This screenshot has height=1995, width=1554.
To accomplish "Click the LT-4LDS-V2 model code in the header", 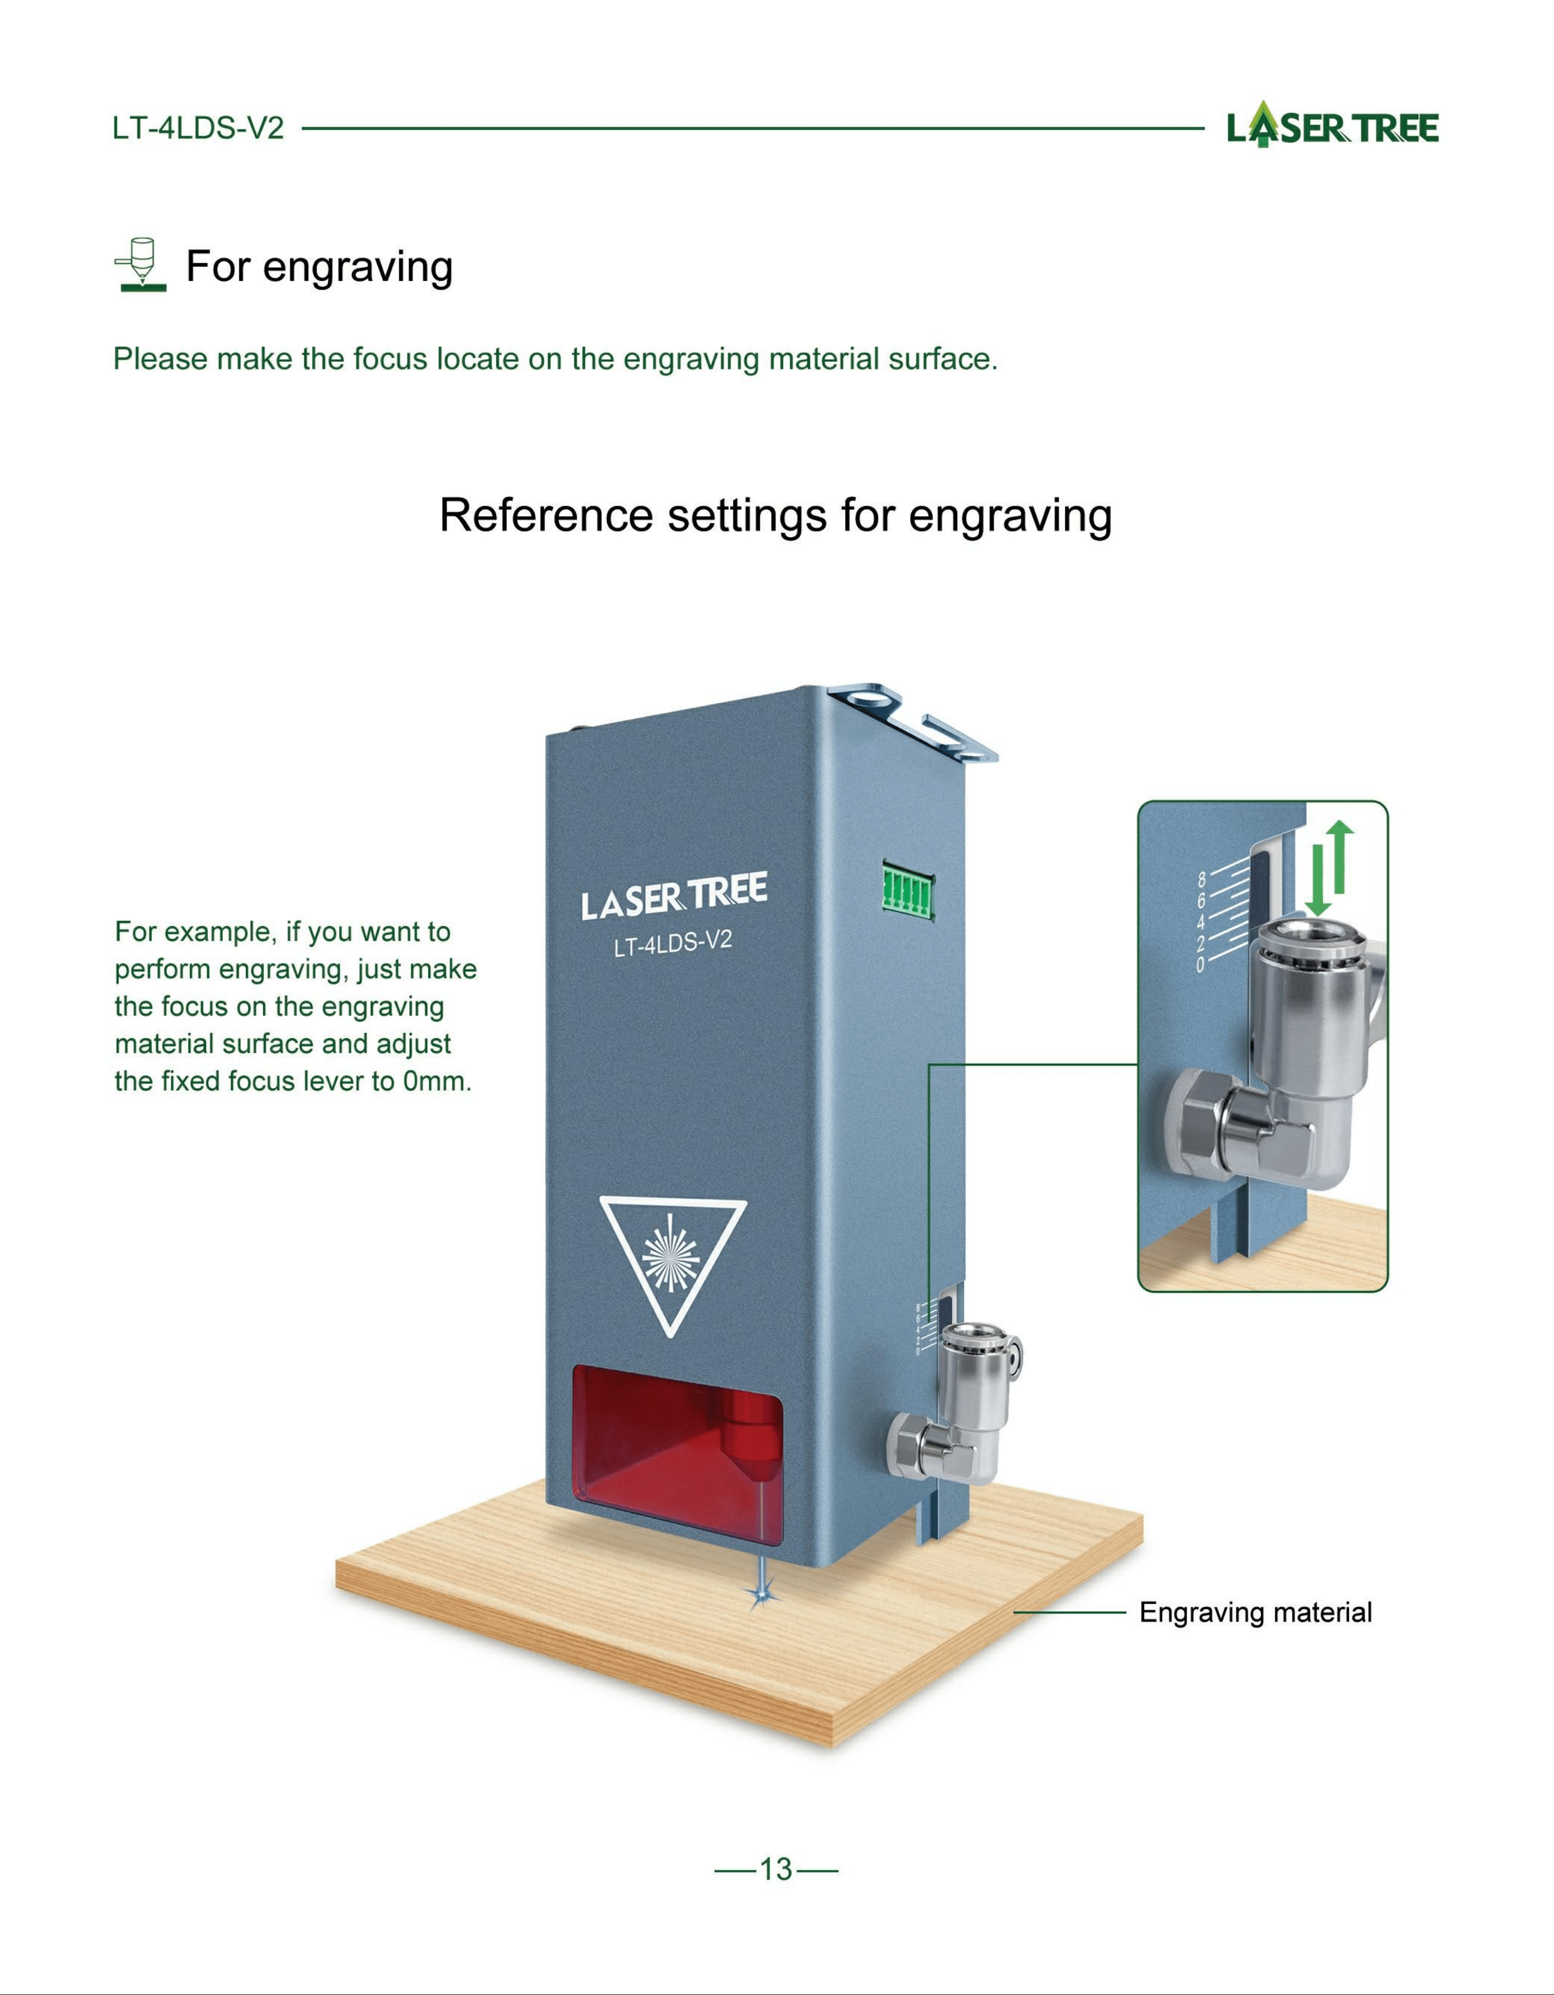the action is point(198,128).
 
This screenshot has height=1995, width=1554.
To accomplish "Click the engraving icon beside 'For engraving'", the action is point(141,265).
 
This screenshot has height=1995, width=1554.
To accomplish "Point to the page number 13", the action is point(776,1869).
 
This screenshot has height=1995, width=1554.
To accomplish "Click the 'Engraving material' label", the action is point(1255,1612).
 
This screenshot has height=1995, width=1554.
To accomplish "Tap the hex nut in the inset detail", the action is point(1201,1127).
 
